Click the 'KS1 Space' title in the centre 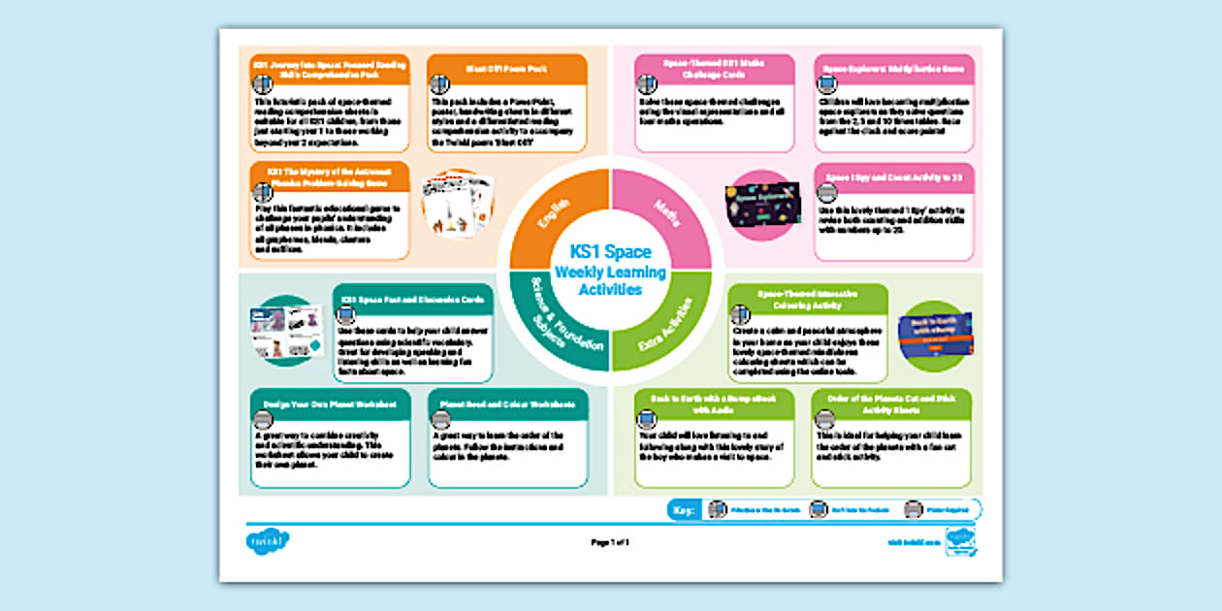click(x=611, y=253)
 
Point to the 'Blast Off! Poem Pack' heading click(x=506, y=68)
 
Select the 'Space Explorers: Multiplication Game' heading click(x=893, y=69)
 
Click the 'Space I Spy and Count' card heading click(x=893, y=177)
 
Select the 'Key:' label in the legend click(x=685, y=509)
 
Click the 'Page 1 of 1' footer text click(x=611, y=542)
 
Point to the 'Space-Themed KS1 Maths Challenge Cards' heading click(x=714, y=68)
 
